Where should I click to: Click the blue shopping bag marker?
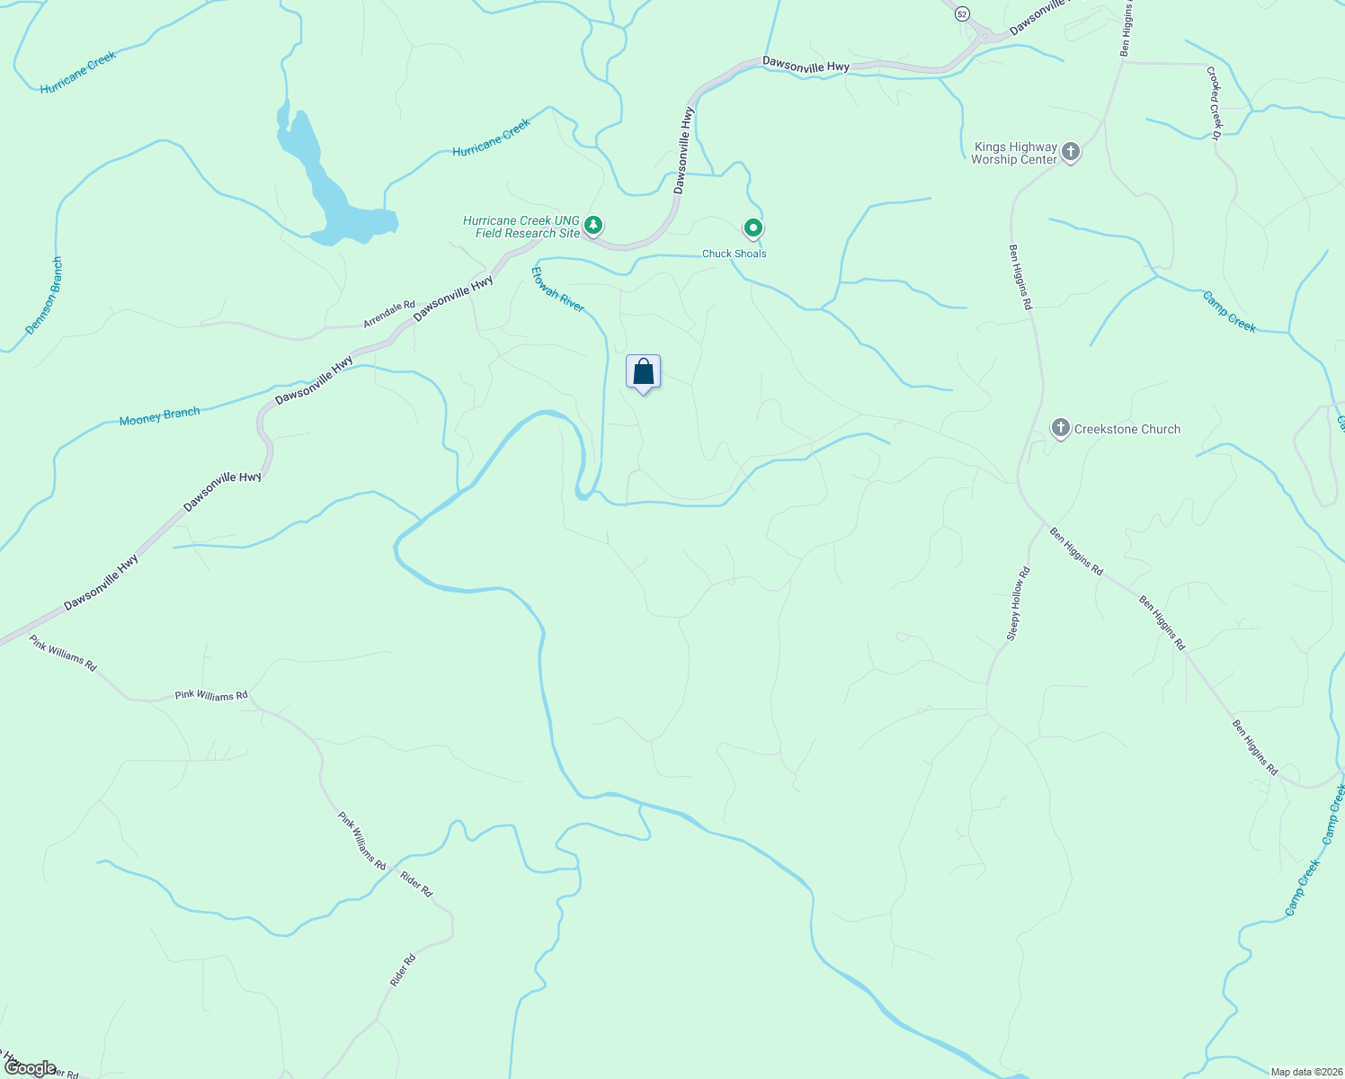pos(643,372)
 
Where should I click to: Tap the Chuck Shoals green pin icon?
pos(753,228)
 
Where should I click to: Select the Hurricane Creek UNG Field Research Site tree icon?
pos(592,225)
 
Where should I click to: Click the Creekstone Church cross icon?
pos(1060,428)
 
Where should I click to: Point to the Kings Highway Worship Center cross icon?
pos(1070,151)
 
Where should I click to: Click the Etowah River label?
pos(557,290)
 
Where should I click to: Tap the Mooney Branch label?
pos(159,416)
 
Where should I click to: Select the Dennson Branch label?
pos(44,296)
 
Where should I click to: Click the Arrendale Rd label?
pos(389,314)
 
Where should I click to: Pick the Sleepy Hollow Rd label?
pos(1017,604)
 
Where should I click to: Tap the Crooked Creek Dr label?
pos(1214,103)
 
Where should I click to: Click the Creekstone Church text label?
pos(1127,430)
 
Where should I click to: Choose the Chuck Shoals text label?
pos(734,254)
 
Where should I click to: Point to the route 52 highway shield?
pos(962,13)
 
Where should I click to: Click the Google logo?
pos(30,1067)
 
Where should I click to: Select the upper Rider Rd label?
pos(416,884)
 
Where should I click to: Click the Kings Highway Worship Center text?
pos(1014,153)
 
